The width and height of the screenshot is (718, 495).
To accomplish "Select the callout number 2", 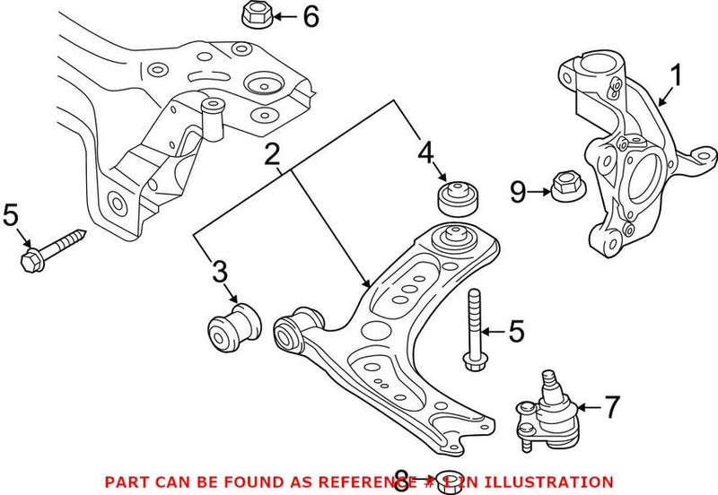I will tap(274, 157).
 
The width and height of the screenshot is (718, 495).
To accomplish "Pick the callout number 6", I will tap(311, 16).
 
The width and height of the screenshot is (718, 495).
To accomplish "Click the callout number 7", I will tap(610, 408).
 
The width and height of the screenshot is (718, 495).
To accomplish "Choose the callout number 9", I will tap(518, 190).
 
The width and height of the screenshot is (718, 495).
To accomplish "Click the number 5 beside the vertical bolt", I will tap(516, 332).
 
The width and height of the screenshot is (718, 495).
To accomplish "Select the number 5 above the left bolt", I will tap(10, 215).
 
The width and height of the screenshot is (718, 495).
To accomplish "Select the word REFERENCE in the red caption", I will tap(384, 482).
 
